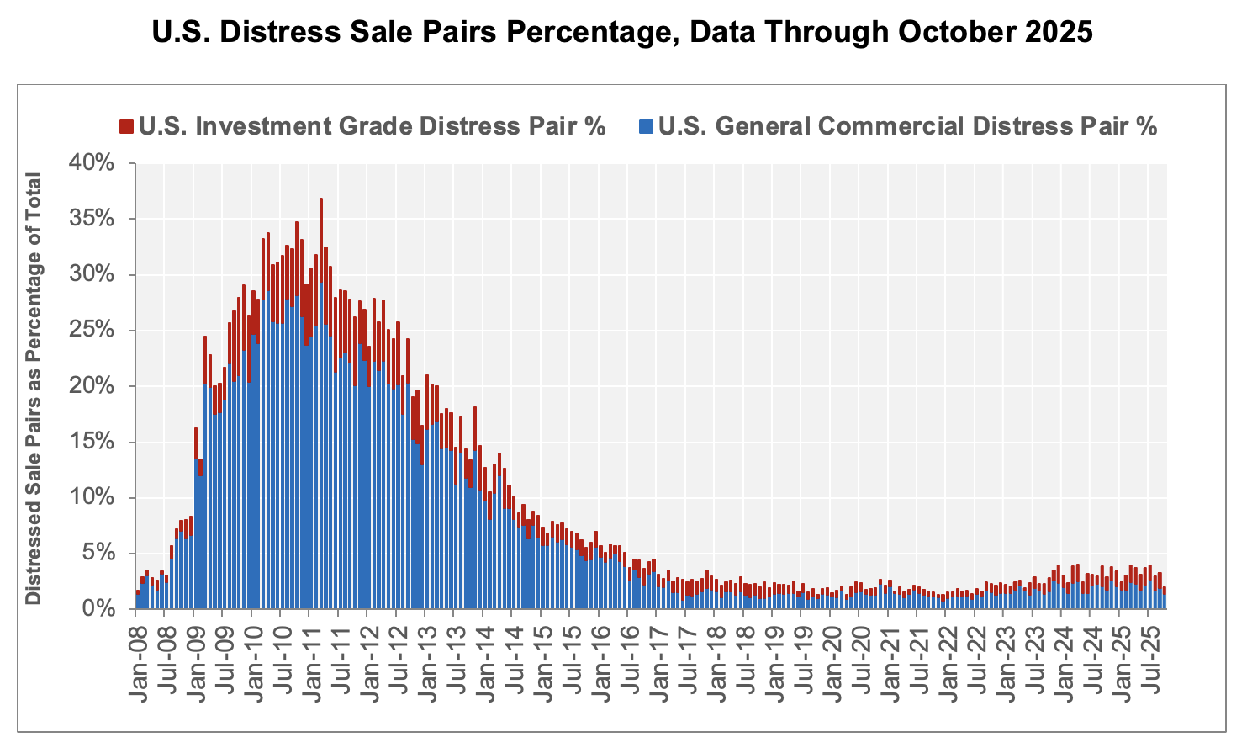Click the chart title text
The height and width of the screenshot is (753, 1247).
click(622, 32)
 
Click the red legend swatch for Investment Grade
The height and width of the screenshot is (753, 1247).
click(126, 127)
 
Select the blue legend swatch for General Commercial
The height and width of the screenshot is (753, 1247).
click(646, 127)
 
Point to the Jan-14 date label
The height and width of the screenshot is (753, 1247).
click(485, 653)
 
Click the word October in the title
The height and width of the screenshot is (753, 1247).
click(959, 32)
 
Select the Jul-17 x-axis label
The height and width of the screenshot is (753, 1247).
click(688, 653)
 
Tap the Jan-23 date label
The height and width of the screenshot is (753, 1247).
click(1006, 653)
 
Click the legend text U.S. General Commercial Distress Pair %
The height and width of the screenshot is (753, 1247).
click(908, 127)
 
